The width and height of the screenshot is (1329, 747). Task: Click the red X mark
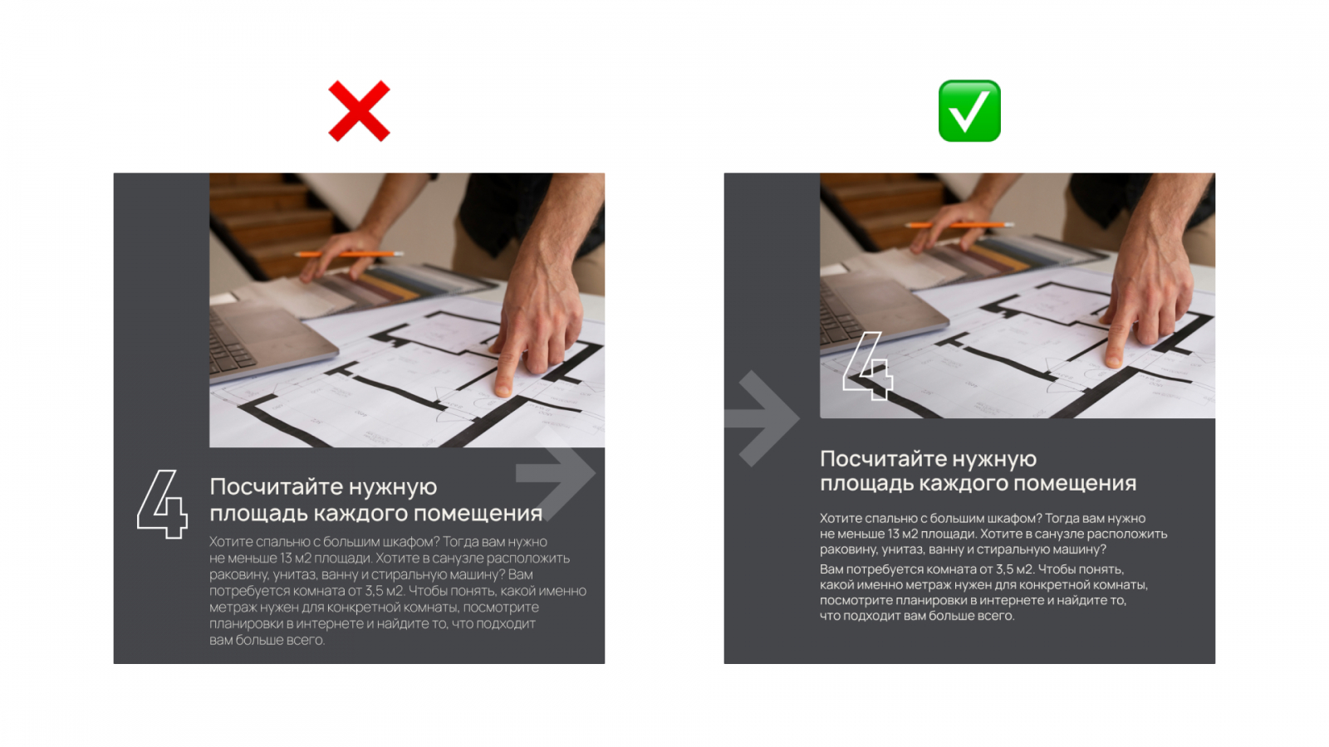(359, 111)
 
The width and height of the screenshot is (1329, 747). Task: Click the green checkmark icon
(969, 111)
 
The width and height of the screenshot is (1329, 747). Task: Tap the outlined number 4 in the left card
(162, 504)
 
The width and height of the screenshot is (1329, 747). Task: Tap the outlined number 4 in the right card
(867, 366)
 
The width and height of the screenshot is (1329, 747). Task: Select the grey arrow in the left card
(555, 472)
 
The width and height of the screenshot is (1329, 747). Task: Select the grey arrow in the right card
(762, 418)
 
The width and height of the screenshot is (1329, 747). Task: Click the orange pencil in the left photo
(349, 254)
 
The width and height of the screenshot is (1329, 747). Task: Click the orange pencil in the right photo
(959, 225)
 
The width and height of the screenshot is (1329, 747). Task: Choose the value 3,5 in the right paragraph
(1006, 569)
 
